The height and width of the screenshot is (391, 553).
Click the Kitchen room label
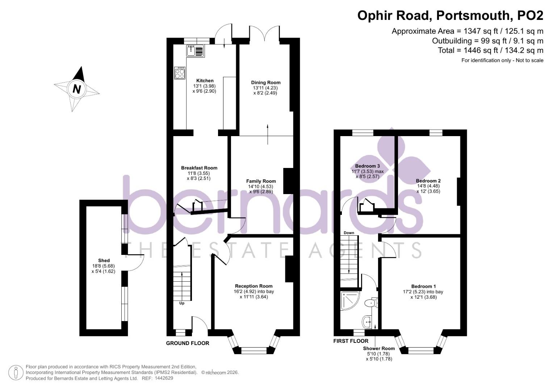pos(205,81)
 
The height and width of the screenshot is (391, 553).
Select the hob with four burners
pos(180,73)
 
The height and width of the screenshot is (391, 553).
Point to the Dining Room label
pos(266,83)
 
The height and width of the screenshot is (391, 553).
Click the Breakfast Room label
pos(199,168)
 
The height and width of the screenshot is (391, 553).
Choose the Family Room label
pos(261,181)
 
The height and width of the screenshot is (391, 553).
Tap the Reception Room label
pos(254,286)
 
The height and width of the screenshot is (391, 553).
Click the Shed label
pos(104,261)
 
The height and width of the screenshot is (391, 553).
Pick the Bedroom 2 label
pos(428,181)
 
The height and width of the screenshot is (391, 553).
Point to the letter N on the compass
pos(76,89)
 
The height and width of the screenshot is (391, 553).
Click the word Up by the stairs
pos(182,303)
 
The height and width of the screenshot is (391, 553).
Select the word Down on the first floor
pos(349,233)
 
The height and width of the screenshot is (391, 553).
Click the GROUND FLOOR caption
pos(188,343)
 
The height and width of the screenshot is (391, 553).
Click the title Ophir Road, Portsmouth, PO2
pos(450,16)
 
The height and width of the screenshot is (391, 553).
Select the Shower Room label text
pos(379,349)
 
